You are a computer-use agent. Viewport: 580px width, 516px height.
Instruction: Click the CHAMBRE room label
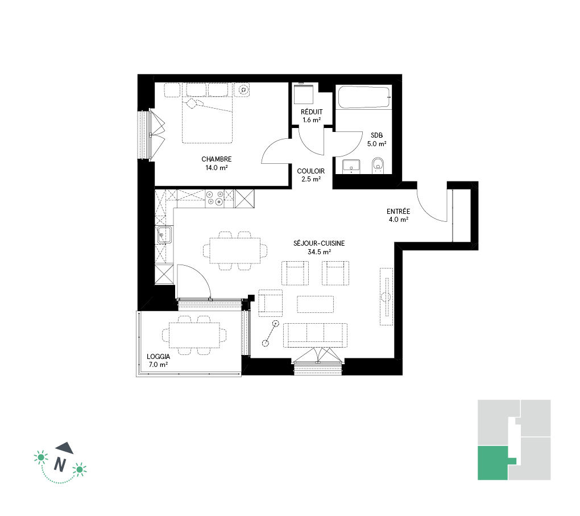217,159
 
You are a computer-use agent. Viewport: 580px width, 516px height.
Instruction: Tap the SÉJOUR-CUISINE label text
319,243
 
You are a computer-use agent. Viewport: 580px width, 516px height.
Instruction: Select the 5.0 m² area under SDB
376,143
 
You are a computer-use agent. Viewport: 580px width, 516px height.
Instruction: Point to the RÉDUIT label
312,112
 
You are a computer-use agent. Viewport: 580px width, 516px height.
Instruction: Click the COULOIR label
310,171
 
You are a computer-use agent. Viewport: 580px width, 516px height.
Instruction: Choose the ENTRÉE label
399,212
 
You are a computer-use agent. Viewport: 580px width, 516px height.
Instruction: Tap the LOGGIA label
158,357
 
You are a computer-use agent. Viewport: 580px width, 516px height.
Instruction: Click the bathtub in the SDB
363,97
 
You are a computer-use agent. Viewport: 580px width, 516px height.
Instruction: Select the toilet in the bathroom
378,166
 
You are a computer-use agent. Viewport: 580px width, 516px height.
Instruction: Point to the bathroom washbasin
351,167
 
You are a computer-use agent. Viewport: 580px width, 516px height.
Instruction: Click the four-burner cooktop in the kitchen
215,198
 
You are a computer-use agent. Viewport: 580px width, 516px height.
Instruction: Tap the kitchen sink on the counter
164,235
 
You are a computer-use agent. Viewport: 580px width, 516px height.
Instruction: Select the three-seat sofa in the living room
315,335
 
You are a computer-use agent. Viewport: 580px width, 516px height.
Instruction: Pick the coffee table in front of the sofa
315,304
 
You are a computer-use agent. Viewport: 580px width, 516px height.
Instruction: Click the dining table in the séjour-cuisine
235,250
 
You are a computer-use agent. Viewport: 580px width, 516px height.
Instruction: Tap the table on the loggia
194,335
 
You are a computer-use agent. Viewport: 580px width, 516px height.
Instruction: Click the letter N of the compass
60,465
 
